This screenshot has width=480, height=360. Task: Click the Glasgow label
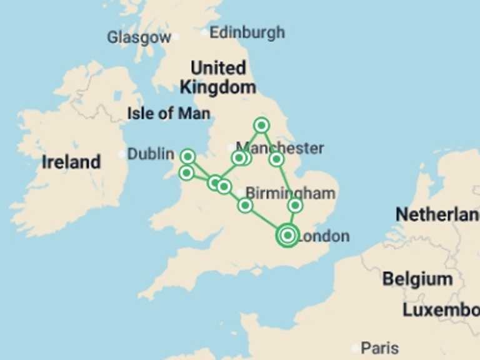tap(138, 37)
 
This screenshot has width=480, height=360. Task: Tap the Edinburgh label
tap(247, 32)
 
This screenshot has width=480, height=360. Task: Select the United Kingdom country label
tap(217, 77)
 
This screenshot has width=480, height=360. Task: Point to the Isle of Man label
tap(168, 114)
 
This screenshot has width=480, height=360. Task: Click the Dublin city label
tap(151, 154)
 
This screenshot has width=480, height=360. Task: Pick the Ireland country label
tap(71, 162)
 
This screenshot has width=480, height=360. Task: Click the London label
tap(324, 236)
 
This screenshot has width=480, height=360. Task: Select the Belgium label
tap(417, 279)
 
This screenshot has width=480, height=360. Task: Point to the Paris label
tap(380, 347)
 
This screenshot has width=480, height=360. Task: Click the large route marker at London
tap(287, 236)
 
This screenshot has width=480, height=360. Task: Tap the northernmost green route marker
tap(262, 125)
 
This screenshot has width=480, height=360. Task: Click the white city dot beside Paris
tap(355, 348)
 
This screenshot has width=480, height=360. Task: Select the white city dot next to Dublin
tap(122, 154)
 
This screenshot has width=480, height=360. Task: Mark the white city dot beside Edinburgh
tap(205, 32)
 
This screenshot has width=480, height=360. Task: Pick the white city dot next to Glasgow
tap(176, 37)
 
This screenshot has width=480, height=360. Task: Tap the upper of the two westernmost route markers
tap(187, 156)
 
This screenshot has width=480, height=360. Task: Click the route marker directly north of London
tap(296, 205)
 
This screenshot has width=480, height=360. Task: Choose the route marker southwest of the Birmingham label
tap(245, 205)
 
